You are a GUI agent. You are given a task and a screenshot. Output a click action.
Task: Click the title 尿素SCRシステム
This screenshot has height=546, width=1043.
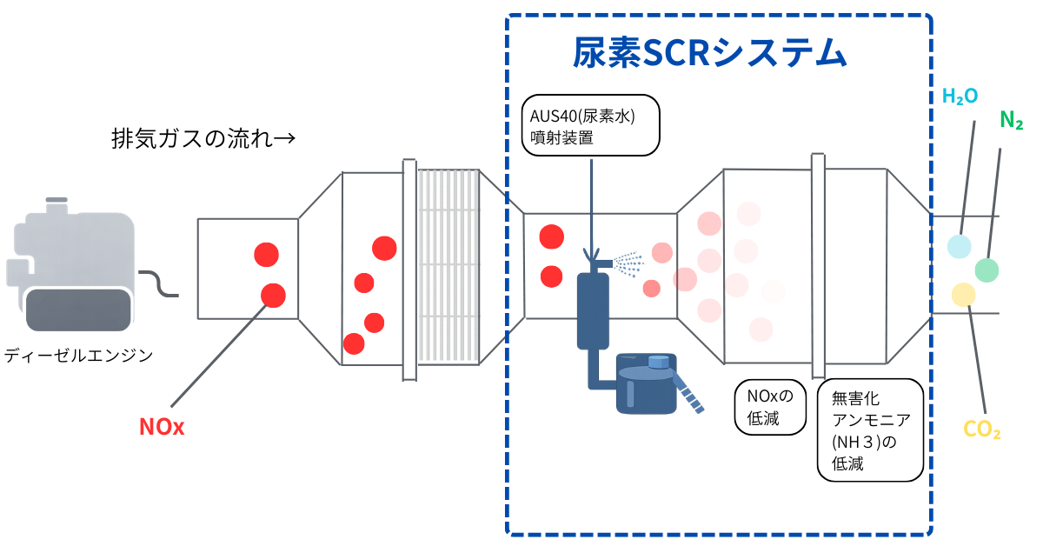(x=708, y=54)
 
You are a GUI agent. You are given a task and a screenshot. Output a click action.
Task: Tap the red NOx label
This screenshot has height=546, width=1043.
(x=162, y=427)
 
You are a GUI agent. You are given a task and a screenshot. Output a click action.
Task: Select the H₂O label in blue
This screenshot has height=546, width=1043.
(x=960, y=96)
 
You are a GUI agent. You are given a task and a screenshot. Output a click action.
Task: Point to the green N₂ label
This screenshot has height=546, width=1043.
(x=1011, y=120)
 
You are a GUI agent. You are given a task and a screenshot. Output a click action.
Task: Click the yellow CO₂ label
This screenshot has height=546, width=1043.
(x=982, y=429)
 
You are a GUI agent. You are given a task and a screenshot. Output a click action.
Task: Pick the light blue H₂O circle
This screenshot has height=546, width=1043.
(x=959, y=246)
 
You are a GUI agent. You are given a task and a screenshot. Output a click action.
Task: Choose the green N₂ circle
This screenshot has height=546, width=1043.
(x=986, y=270)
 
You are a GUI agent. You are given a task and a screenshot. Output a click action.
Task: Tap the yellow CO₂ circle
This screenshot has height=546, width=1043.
(x=963, y=295)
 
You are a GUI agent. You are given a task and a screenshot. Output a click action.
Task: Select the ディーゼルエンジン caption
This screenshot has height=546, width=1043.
(x=79, y=355)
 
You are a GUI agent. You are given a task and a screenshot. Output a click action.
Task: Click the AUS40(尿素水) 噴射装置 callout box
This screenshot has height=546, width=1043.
(x=591, y=125)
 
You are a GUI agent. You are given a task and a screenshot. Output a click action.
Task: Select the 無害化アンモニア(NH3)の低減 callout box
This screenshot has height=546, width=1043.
(x=870, y=429)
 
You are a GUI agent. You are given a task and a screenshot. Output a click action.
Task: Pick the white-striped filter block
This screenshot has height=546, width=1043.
(x=448, y=266)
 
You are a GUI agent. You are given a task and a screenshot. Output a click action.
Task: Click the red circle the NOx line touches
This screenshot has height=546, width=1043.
(x=273, y=296)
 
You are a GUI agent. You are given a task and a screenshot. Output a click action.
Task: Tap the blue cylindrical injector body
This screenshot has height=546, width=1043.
(x=593, y=309)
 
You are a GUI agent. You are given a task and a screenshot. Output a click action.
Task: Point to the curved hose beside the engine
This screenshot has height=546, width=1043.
(x=159, y=284)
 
